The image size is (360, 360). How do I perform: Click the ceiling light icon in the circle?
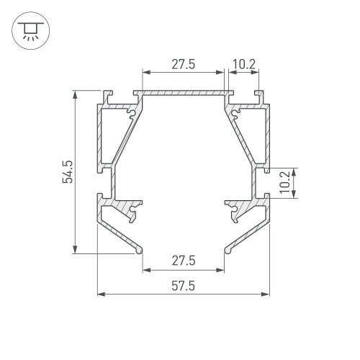[x=30, y=31]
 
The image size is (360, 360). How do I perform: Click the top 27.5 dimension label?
[x=184, y=65]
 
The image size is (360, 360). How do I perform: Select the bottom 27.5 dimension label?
[x=184, y=261]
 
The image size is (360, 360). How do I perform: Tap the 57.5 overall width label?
[x=184, y=287]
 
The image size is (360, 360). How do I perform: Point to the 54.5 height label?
[x=68, y=172]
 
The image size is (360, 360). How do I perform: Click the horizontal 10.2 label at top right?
[x=244, y=64]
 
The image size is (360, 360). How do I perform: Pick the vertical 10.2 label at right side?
[x=285, y=182]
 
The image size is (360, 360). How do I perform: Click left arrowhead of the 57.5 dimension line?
[x=102, y=294]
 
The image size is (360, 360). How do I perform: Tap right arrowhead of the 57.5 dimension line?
[x=265, y=294]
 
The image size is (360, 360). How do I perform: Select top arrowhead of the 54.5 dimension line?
[x=75, y=94]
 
